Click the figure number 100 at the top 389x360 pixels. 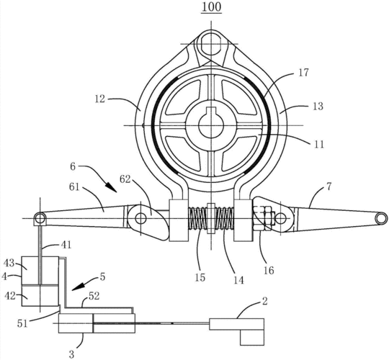pyautogui.click(x=211, y=6)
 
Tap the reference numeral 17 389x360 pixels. pyautogui.click(x=303, y=73)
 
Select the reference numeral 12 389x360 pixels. pyautogui.click(x=99, y=99)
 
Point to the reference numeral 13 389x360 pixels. pyautogui.click(x=318, y=106)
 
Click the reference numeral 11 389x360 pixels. pyautogui.click(x=318, y=144)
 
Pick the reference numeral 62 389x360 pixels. pyautogui.click(x=125, y=179)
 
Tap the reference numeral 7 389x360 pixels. pyautogui.click(x=328, y=186)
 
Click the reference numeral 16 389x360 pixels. pyautogui.click(x=269, y=270)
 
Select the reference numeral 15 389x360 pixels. pyautogui.click(x=200, y=277)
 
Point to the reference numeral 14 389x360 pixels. pyautogui.click(x=238, y=280)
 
